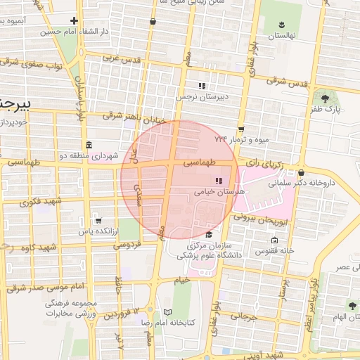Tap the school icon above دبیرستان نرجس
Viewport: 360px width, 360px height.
click(202, 86)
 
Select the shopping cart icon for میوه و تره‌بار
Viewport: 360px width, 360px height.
click(241, 129)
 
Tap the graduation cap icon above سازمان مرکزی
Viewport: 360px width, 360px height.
click(209, 234)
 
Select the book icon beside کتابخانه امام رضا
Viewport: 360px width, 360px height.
click(167, 311)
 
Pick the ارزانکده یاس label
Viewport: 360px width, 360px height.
click(97, 231)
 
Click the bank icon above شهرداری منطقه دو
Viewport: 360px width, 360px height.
click(89, 145)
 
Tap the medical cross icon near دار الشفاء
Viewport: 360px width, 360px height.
click(75, 20)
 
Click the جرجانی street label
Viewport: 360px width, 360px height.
click(250, 316)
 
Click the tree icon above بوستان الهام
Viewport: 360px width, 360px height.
click(351, 305)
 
